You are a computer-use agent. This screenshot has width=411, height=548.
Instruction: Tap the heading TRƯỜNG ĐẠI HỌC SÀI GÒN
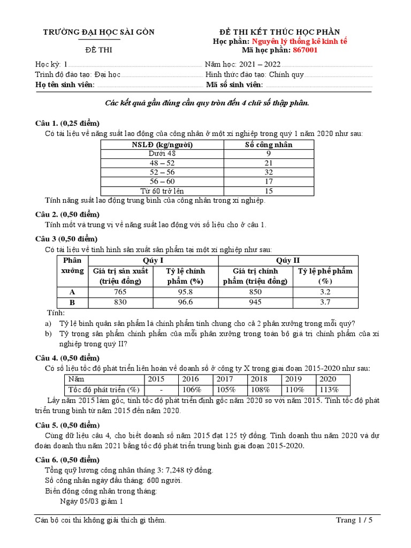99,32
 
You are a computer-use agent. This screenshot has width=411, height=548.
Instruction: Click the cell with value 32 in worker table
269,172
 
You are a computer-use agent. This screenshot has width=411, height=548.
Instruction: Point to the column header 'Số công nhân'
269,144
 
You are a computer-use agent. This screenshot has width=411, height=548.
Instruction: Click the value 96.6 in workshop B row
186,302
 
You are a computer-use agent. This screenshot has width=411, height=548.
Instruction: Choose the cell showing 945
255,302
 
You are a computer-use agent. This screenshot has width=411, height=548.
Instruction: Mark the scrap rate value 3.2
325,292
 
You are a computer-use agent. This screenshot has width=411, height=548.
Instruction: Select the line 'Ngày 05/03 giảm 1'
92,501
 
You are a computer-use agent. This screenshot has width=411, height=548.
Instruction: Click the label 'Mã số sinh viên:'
234,85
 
